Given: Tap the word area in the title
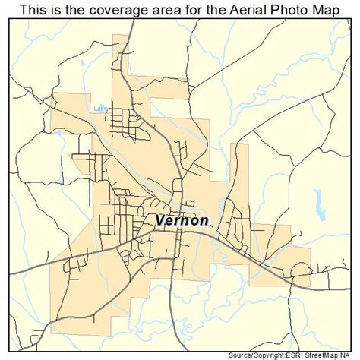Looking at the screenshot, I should (158, 9).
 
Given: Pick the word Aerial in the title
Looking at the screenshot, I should (237, 9).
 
